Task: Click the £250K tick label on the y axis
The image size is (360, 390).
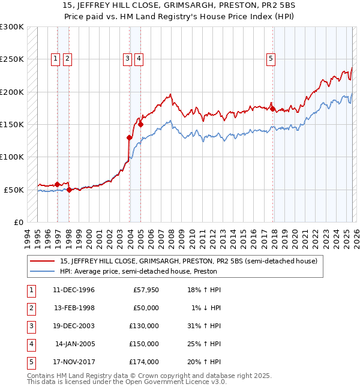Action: click(12, 59)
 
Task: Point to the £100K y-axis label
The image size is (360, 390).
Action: click(12, 157)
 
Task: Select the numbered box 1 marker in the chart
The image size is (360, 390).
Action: click(55, 59)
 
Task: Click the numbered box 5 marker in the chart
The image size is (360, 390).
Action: click(271, 59)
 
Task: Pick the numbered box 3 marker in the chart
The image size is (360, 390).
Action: click(127, 59)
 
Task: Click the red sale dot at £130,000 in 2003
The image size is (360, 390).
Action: click(130, 137)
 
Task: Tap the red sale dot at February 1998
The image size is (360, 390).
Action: click(69, 190)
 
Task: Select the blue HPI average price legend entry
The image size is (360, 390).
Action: click(137, 271)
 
